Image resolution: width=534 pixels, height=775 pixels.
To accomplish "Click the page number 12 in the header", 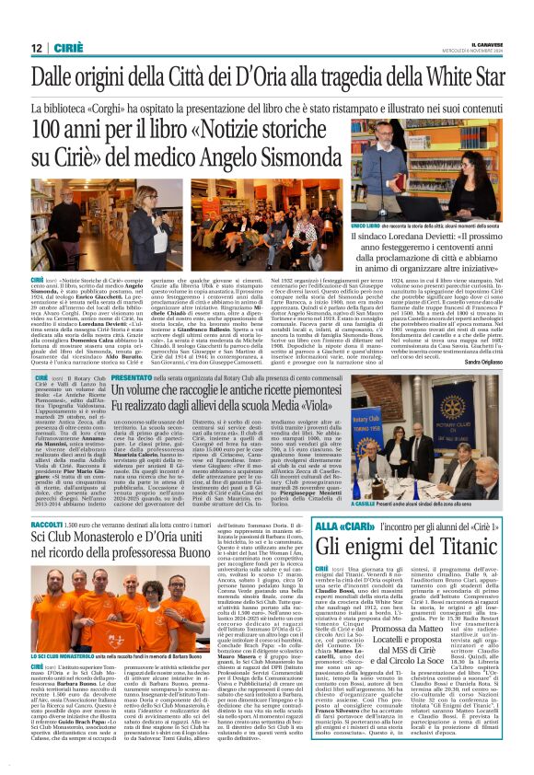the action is pos(36,48).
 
